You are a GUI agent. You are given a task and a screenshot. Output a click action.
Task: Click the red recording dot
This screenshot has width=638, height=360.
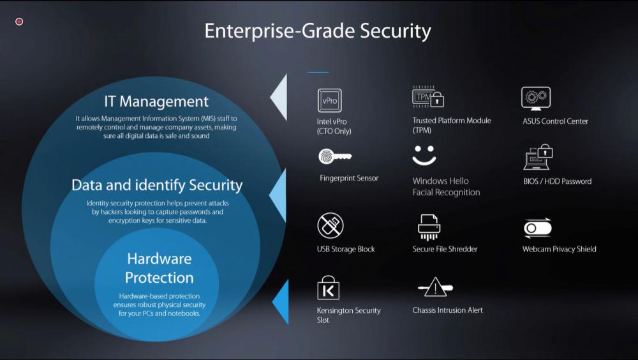[x=19, y=22]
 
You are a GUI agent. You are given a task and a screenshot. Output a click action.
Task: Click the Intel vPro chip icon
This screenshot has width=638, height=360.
[x=330, y=100]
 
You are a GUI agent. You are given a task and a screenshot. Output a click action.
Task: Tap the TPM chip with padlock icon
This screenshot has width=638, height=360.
[x=428, y=96]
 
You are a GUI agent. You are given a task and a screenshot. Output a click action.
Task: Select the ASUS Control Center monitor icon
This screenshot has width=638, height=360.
[x=536, y=98]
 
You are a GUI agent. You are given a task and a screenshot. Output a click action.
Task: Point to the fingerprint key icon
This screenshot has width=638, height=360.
[x=335, y=156]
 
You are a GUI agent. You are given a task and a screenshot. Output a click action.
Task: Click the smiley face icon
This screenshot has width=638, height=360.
[x=424, y=155]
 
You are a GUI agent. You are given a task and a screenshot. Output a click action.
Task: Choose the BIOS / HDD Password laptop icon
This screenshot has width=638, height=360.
[x=538, y=157]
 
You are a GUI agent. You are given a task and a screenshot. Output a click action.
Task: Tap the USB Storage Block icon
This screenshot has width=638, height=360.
[x=330, y=225]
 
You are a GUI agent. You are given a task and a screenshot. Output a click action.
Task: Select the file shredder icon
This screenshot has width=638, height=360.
[x=429, y=227]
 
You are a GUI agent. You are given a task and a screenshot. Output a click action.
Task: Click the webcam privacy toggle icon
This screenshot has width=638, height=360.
[x=538, y=228]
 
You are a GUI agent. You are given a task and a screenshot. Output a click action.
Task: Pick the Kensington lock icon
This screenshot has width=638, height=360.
[x=328, y=288]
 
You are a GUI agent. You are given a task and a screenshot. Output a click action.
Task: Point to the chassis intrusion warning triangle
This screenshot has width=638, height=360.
[x=435, y=287]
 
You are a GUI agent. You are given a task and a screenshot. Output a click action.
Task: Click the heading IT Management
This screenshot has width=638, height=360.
[x=156, y=101]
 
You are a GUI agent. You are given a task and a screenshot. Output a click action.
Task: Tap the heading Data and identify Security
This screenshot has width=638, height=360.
[x=157, y=185]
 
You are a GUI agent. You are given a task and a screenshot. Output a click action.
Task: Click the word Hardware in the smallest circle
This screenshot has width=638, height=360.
[x=159, y=259]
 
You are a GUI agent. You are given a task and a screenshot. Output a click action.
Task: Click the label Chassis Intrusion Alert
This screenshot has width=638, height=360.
[x=448, y=310]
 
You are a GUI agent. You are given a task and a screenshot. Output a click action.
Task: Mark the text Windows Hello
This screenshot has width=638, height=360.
[x=441, y=181]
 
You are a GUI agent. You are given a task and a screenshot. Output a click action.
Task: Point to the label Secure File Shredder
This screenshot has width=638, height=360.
[x=445, y=249]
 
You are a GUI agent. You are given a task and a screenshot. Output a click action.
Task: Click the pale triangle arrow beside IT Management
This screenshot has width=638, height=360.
[x=281, y=98]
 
